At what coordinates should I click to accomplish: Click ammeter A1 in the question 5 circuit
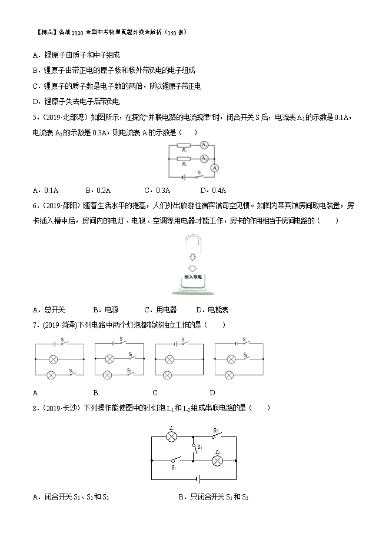[204, 145]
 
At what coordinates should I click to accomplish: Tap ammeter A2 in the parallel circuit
[204, 158]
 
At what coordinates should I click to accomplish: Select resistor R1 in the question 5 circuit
[184, 145]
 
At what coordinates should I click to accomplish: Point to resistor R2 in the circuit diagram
[184, 159]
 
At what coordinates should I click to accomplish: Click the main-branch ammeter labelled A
[215, 168]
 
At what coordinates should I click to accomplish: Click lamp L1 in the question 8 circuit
[172, 437]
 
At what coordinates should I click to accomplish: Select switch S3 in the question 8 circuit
[195, 447]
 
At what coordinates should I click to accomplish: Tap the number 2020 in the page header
[78, 32]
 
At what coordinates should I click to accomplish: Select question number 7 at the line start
[36, 325]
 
